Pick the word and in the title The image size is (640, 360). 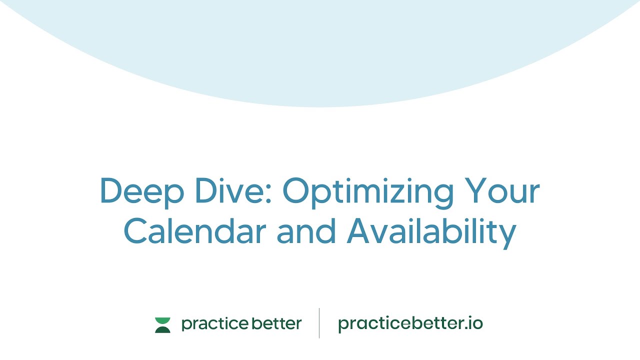306,231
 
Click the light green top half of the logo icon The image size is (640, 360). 162,320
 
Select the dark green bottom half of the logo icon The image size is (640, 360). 162,329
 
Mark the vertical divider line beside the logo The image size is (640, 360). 319,323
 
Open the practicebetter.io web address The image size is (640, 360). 410,324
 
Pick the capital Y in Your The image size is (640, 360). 475,190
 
